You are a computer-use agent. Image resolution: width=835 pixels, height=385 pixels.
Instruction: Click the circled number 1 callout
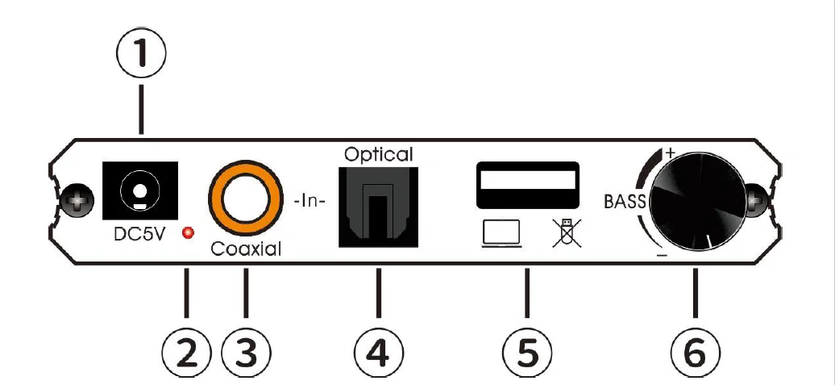click(141, 53)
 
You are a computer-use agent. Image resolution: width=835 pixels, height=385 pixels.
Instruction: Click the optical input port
click(378, 205)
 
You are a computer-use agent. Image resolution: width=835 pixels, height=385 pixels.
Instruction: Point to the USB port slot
click(528, 186)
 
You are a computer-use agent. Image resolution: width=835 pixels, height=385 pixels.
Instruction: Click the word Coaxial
click(246, 249)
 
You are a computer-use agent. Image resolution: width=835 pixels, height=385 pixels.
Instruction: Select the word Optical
click(378, 153)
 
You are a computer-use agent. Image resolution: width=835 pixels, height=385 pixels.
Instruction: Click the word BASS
click(625, 202)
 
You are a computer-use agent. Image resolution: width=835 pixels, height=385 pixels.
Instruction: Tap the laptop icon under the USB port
click(501, 234)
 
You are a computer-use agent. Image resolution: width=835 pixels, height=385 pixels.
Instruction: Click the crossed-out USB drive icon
click(563, 232)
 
